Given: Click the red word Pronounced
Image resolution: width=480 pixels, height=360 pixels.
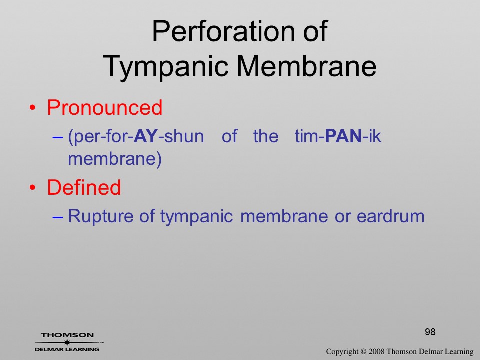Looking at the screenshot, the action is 104,108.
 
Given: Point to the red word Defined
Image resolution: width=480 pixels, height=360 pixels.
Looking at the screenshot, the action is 84,187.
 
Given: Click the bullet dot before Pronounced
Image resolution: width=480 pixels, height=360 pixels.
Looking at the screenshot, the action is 33,108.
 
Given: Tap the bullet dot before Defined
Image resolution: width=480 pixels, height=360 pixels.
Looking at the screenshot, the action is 33,187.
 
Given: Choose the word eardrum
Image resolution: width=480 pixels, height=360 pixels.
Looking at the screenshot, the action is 391,216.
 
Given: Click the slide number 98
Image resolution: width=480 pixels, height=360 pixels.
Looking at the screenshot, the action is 430,332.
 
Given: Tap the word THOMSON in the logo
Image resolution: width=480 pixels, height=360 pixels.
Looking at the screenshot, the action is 67,335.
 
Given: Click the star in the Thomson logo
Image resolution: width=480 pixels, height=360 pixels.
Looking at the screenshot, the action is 67,342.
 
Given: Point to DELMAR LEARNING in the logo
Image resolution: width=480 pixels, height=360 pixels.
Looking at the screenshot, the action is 67,349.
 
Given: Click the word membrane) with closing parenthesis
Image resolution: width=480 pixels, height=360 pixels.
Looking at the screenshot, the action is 115,159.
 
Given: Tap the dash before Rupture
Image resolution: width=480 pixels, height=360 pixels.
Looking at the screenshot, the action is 58,217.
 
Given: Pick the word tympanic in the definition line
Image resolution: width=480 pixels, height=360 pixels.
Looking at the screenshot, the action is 197,216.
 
